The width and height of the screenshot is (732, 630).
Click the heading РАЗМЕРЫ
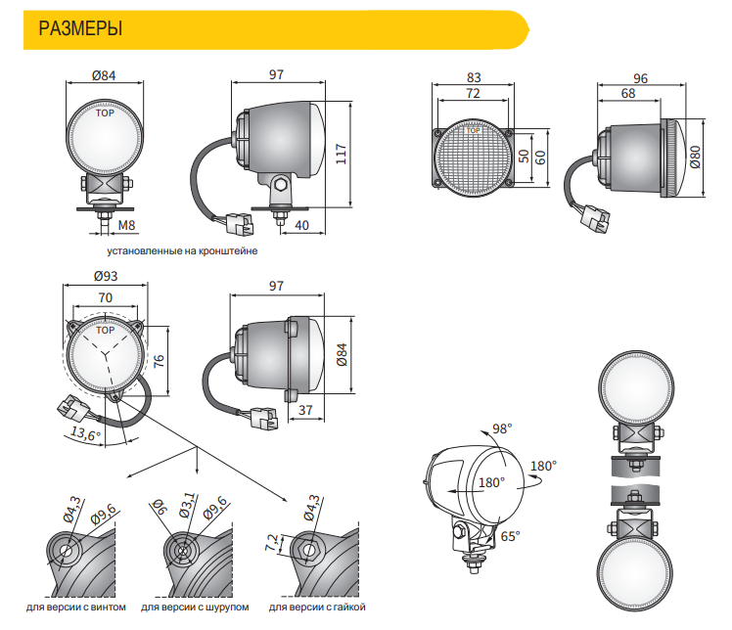[80, 28]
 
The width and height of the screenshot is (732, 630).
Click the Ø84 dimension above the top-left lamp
[104, 76]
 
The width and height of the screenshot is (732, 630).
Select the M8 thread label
[125, 226]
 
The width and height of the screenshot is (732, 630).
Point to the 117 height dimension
[342, 157]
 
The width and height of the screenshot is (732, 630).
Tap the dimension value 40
[301, 226]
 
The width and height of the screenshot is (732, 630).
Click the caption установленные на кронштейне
[161, 251]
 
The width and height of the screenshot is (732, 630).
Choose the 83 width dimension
[474, 76]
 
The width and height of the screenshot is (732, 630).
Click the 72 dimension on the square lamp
[474, 94]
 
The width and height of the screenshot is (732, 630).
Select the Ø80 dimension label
[695, 157]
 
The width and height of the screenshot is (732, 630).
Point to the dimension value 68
[627, 94]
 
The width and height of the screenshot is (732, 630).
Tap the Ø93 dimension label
[106, 277]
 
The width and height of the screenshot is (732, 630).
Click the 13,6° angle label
[85, 434]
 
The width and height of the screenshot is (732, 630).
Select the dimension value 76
[159, 361]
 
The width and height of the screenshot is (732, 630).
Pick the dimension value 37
[305, 411]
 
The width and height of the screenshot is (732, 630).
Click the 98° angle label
[501, 429]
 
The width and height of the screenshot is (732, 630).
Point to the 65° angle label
[510, 535]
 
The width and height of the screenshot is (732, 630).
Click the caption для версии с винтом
[76, 607]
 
